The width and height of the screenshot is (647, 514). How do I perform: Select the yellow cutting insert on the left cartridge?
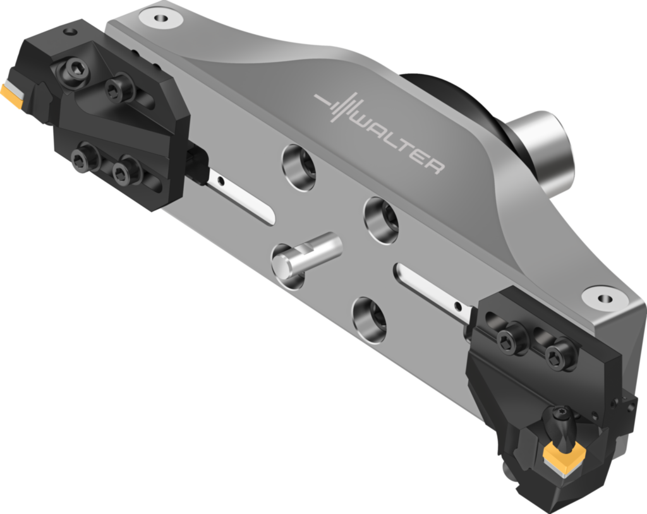pyautogui.click(x=11, y=93)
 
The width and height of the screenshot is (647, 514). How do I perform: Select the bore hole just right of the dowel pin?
pyautogui.click(x=382, y=220)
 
